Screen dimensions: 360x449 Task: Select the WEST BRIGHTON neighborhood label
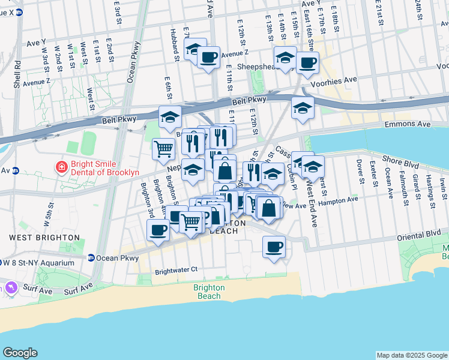tap(44, 238)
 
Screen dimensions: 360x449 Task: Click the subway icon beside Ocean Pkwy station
tap(91, 258)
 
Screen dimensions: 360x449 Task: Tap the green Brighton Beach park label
tap(209, 292)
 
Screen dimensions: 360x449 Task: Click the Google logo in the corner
tap(20, 353)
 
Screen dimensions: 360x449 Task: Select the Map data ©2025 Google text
tap(411, 355)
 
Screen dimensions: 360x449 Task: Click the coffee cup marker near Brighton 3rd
tap(158, 229)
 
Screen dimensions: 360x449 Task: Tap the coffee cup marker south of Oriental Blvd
tap(274, 246)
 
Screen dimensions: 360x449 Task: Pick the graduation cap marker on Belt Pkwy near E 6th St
tap(170, 116)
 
